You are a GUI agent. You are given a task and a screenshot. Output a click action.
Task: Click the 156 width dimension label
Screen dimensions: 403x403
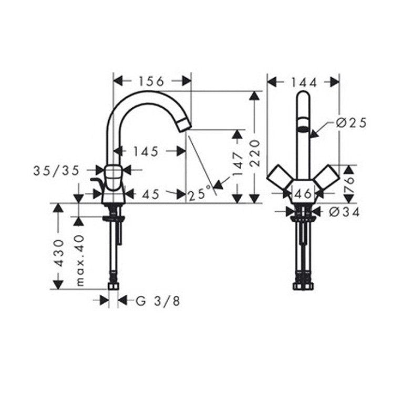click(x=151, y=81)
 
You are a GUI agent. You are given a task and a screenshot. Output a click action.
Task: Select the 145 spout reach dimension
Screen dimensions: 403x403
click(x=146, y=152)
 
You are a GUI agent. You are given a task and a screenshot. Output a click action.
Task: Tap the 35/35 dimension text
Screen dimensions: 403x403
click(x=57, y=171)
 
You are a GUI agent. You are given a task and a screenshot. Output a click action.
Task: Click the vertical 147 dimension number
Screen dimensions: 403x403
click(x=237, y=164)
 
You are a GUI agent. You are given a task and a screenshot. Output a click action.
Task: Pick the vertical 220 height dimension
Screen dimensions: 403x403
click(x=255, y=153)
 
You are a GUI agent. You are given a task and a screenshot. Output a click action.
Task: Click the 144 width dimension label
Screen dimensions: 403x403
click(x=304, y=82)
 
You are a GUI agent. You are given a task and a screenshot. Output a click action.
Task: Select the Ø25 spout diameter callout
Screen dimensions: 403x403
click(x=351, y=123)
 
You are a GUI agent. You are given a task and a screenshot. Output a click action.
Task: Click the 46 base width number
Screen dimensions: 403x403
click(x=304, y=193)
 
